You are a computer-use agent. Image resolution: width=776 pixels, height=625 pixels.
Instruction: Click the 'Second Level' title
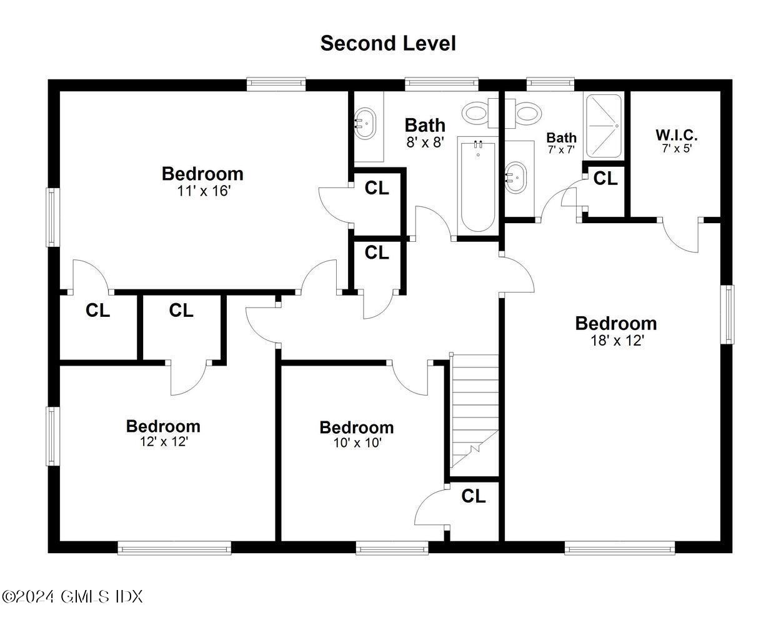pyautogui.click(x=387, y=43)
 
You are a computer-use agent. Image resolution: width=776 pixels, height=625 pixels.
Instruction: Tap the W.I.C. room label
pyautogui.click(x=676, y=135)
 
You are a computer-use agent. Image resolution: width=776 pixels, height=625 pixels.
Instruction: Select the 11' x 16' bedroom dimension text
pyautogui.click(x=204, y=191)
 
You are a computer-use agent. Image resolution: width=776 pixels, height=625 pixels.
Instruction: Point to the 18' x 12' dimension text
pyautogui.click(x=616, y=341)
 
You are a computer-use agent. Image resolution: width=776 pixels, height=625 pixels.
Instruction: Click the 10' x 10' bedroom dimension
pyautogui.click(x=357, y=443)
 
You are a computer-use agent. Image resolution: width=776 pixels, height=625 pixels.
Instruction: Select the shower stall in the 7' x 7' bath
pyautogui.click(x=603, y=126)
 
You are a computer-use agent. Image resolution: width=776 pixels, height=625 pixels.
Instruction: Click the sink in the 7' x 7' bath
pyautogui.click(x=516, y=176)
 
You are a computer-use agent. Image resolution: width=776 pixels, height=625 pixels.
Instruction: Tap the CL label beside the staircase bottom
pyautogui.click(x=473, y=496)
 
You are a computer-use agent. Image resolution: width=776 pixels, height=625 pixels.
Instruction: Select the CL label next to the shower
pyautogui.click(x=605, y=179)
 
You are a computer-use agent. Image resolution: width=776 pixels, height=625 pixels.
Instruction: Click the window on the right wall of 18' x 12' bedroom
pyautogui.click(x=727, y=314)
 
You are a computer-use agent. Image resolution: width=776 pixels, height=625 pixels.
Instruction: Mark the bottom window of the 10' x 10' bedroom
pyautogui.click(x=392, y=548)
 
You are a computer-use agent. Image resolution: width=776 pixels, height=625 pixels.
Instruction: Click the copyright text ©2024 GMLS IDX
pyautogui.click(x=72, y=596)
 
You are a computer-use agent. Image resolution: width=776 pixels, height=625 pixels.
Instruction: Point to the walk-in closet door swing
pyautogui.click(x=680, y=237)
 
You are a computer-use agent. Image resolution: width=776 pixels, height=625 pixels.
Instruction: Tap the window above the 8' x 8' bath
pyautogui.click(x=441, y=83)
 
